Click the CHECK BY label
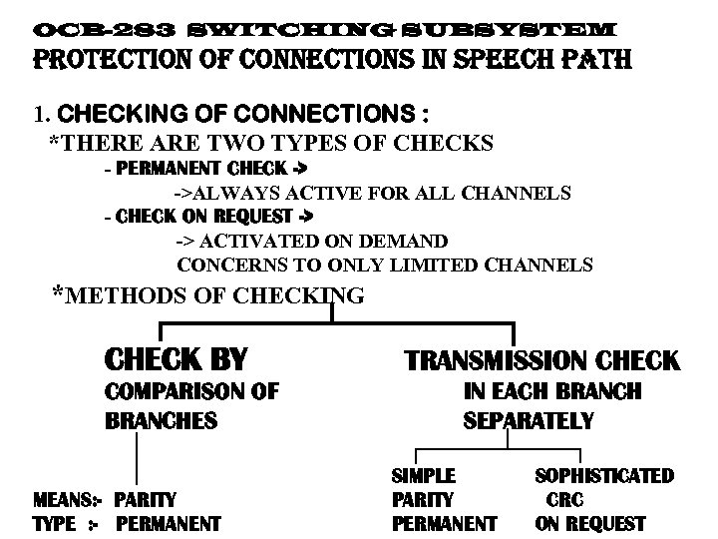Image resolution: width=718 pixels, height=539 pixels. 176,358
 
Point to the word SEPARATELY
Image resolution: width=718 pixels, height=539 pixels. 529,421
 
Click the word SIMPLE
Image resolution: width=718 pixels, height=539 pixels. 424,477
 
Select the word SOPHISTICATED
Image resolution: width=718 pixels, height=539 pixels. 605,477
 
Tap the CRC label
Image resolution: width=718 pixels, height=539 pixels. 564,500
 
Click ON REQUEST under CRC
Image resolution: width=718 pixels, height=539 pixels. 590,523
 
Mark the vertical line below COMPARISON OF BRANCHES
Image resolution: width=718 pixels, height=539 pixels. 137,462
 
